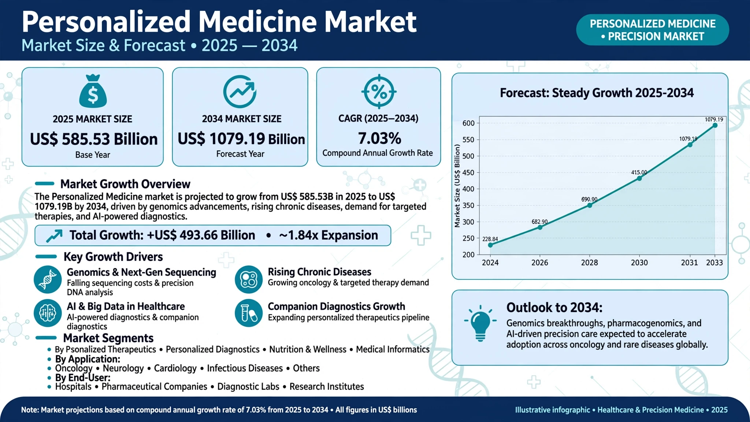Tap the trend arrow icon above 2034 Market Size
(240, 92)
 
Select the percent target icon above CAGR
(379, 92)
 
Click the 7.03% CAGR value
(379, 138)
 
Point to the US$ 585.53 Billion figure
(94, 139)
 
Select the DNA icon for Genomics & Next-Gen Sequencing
(48, 280)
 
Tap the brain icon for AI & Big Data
(48, 313)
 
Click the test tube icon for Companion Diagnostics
(249, 313)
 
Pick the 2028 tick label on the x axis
(589, 263)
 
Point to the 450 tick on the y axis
(468, 173)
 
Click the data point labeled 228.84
(490, 245)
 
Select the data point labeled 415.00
(639, 178)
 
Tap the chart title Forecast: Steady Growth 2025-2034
(597, 93)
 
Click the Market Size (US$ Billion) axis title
(457, 186)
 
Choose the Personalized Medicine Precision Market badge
(653, 30)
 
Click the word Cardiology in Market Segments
(175, 368)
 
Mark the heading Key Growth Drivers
(113, 257)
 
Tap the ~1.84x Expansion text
(328, 235)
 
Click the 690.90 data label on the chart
(589, 199)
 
